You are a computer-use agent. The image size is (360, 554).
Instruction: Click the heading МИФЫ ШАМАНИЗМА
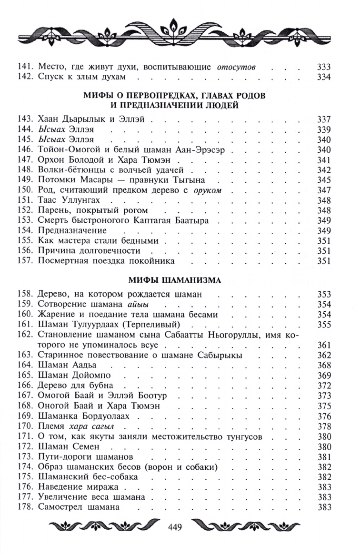(175, 280)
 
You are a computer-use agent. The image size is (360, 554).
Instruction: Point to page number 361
(323, 345)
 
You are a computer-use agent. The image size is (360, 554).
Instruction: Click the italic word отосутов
(237, 67)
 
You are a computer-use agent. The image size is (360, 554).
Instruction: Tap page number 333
(323, 67)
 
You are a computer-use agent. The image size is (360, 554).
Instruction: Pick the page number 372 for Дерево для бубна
(323, 385)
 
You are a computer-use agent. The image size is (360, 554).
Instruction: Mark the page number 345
(323, 179)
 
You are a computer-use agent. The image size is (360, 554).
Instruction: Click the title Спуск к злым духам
(81, 77)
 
